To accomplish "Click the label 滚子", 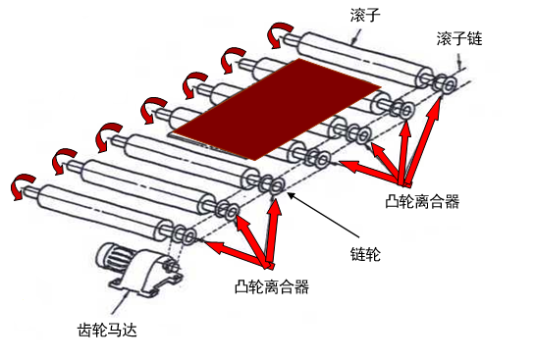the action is pyautogui.click(x=365, y=16).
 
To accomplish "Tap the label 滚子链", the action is pyautogui.click(x=459, y=39).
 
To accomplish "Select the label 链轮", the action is pyautogui.click(x=365, y=254).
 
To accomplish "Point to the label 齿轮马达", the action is pyautogui.click(x=107, y=330).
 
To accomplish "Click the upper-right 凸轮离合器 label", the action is pyautogui.click(x=422, y=201).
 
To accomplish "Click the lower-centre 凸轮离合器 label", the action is pyautogui.click(x=272, y=286).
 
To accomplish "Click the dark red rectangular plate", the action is pyautogui.click(x=277, y=109).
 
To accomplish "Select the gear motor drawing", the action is pyautogui.click(x=140, y=271).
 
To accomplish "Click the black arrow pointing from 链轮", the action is pyautogui.click(x=324, y=215).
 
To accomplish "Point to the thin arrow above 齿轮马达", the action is pyautogui.click(x=120, y=302).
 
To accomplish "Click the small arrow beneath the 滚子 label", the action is pyautogui.click(x=356, y=37).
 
